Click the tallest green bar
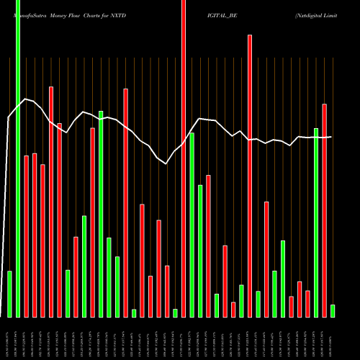click(18, 158)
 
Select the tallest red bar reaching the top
click(183, 158)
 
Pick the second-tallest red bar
click(250, 176)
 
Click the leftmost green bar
click(9, 294)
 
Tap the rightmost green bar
click(333, 310)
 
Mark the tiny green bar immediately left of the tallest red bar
click(175, 312)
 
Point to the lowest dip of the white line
click(166, 163)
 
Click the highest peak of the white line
click(25, 99)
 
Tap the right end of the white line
click(331, 137)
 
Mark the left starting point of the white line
click(8, 117)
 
